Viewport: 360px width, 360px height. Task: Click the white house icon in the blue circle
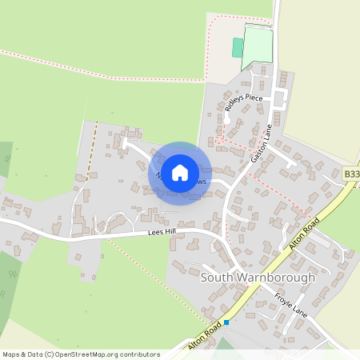tap(180, 173)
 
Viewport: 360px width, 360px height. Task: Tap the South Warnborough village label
tap(258, 278)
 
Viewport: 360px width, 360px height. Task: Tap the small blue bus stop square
tap(226, 322)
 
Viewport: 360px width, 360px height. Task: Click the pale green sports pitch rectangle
tap(258, 48)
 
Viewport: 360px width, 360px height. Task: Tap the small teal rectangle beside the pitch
tap(238, 47)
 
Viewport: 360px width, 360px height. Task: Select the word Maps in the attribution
tap(11, 354)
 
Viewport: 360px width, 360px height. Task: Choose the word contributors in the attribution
tap(138, 354)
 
